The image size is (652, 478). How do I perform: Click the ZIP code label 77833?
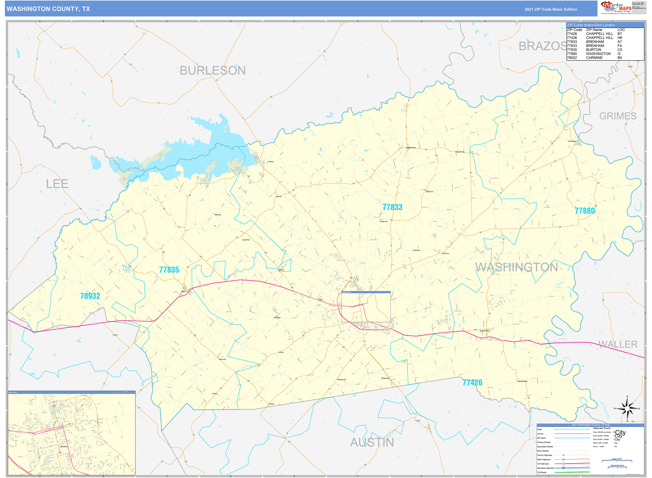tap(392, 207)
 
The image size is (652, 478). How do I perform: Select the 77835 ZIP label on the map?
tap(169, 270)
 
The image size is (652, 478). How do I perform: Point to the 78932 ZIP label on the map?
tap(90, 296)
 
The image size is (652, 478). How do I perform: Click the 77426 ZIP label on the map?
tap(472, 383)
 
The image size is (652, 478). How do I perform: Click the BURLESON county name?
tap(212, 70)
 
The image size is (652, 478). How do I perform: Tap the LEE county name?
tap(57, 184)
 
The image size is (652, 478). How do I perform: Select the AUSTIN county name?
tap(372, 442)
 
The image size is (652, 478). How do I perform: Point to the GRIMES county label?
tap(618, 116)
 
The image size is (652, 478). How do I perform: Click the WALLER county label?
tap(618, 344)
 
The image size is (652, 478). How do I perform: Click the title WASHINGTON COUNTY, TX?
tap(48, 9)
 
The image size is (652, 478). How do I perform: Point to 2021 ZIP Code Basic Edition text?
tap(551, 9)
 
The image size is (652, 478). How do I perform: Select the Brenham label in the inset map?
tap(64, 446)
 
